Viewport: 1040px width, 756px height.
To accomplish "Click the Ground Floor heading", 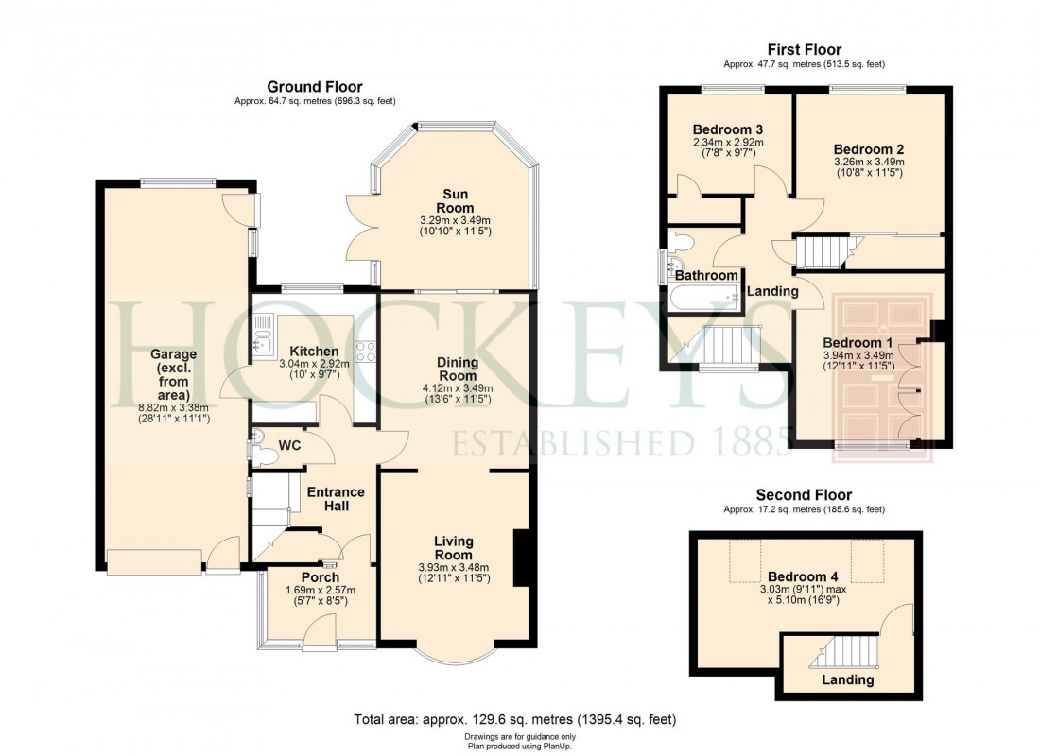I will tap(314, 87).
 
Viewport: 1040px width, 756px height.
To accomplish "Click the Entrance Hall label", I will tap(336, 499).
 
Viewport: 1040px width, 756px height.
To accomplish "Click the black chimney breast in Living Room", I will tap(520, 559).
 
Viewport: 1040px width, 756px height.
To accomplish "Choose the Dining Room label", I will tap(458, 369).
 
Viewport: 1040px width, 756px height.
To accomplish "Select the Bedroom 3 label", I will tap(727, 129).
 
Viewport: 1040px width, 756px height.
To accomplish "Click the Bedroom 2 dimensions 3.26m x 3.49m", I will tap(869, 162).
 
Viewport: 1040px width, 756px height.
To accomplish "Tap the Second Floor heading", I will tap(804, 495).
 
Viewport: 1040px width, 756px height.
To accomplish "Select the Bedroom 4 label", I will tap(803, 576).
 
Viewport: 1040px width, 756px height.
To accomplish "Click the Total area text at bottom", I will tap(515, 720).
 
